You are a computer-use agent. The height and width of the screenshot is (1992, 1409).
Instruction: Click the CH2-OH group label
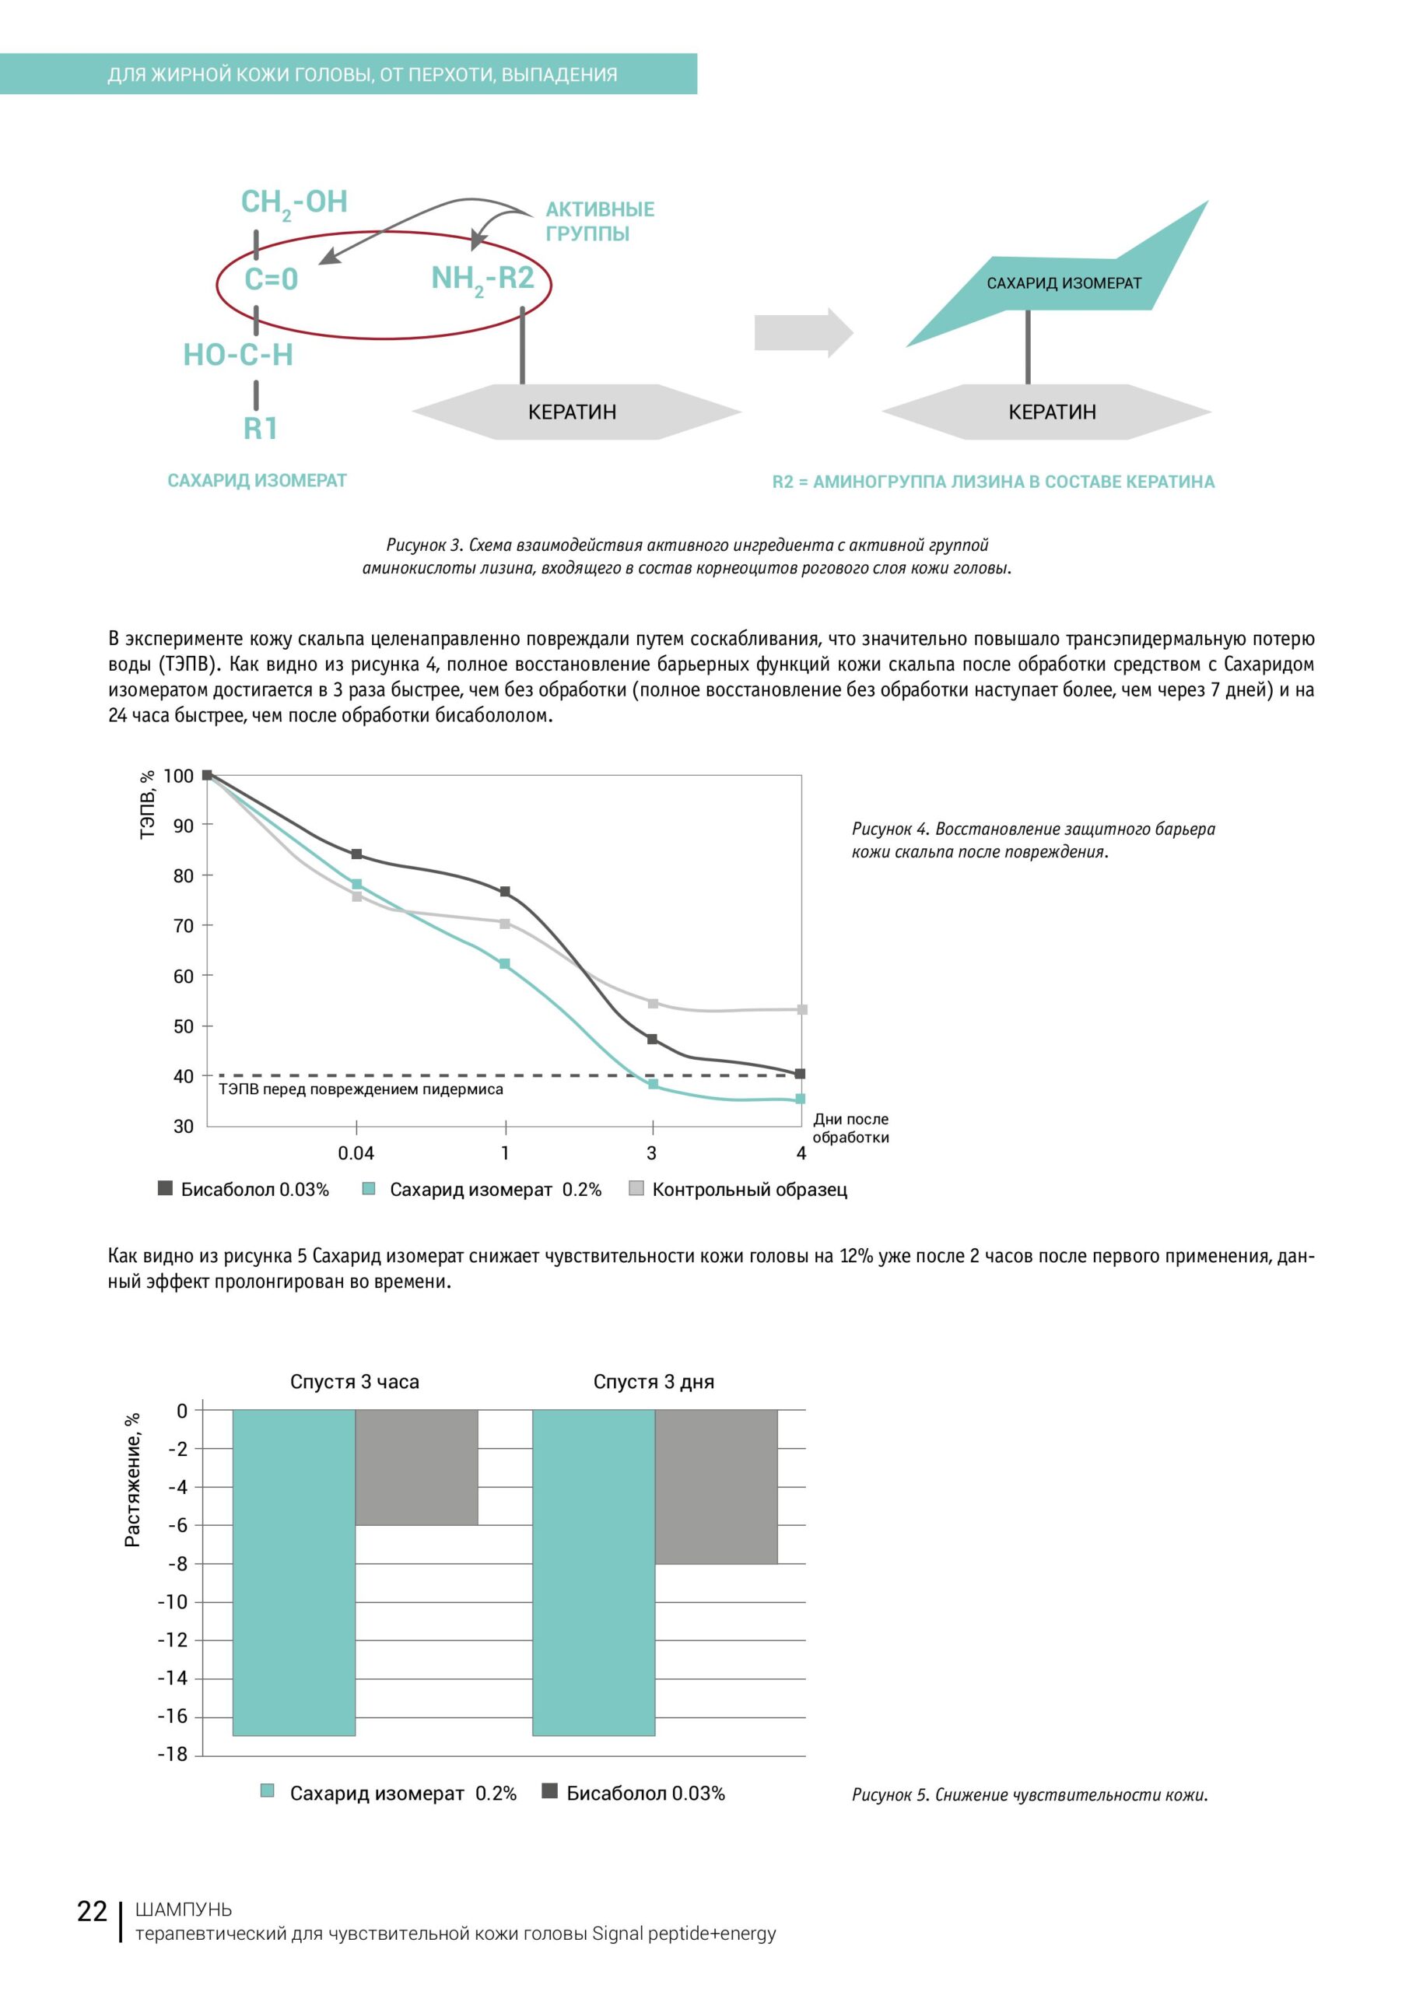point(294,202)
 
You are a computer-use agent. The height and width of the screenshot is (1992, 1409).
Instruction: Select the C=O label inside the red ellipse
point(271,279)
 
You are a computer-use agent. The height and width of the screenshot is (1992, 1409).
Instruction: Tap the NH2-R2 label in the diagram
point(482,279)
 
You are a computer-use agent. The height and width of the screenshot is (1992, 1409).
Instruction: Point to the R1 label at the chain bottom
point(261,429)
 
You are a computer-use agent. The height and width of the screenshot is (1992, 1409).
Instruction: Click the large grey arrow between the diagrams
point(804,332)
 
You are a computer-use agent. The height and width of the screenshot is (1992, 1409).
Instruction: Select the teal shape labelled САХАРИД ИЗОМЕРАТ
point(1063,282)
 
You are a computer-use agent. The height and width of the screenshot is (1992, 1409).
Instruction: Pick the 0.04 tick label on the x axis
point(356,1153)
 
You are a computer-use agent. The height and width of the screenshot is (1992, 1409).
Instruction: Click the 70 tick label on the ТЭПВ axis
point(183,926)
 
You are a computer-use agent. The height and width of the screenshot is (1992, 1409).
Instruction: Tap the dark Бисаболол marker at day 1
point(505,892)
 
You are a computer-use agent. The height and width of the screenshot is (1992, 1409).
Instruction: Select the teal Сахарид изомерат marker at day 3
point(653,1085)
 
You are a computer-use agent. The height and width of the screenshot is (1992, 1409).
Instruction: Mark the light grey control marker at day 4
point(801,1010)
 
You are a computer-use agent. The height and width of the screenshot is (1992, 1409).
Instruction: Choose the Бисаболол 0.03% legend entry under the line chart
point(244,1190)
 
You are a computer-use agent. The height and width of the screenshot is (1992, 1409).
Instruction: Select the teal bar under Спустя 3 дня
point(594,1572)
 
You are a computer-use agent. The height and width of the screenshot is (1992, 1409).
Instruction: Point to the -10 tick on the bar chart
point(172,1601)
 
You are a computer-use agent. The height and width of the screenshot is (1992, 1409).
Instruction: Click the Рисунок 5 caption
point(1029,1794)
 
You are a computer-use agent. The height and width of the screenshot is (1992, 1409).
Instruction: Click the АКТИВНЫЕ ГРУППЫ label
point(600,221)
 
